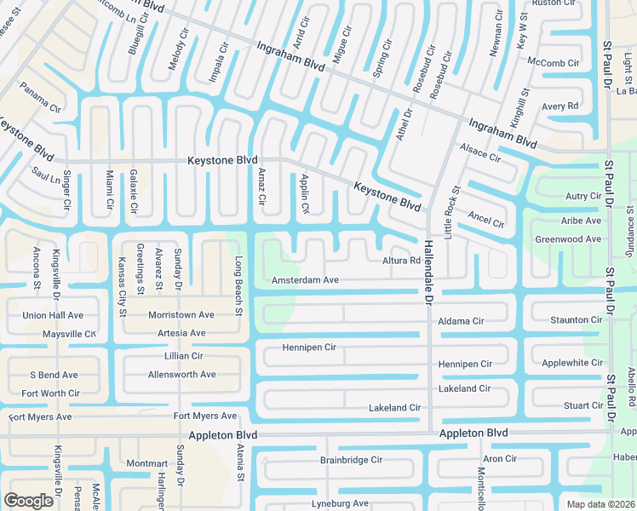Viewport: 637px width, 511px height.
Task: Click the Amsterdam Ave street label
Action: pos(305,280)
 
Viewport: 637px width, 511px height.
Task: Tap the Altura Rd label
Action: pos(401,261)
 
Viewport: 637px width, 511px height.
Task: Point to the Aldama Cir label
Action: pos(460,321)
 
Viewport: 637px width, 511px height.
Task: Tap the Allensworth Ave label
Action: pos(182,375)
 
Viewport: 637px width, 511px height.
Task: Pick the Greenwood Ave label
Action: pos(568,240)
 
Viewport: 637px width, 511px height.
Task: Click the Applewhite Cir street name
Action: pos(572,363)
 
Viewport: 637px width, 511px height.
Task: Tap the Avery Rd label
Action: pos(560,106)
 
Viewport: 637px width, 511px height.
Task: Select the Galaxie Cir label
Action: pos(134,192)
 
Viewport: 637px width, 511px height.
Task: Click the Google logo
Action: pos(28,501)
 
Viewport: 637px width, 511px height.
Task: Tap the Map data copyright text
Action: pos(600,504)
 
